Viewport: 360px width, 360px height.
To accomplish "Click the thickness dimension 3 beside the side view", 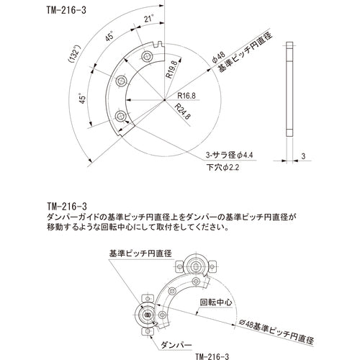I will pos(305,156).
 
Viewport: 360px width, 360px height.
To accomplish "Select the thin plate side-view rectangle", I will pos(289,89).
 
